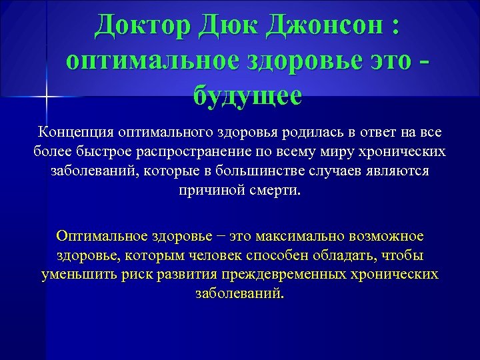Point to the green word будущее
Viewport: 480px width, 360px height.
[247, 94]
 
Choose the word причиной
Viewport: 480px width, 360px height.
[207, 190]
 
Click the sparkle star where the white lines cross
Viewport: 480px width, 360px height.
[46, 97]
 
